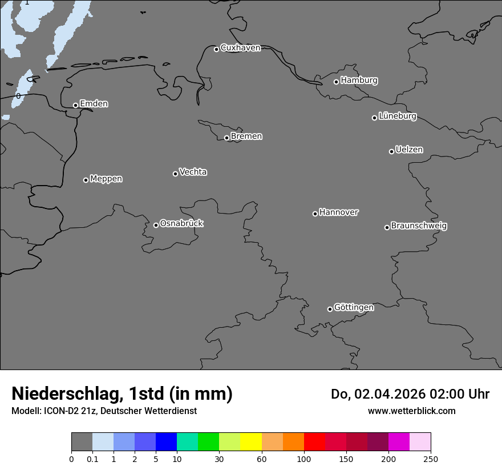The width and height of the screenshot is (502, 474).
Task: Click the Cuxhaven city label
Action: (x=240, y=48)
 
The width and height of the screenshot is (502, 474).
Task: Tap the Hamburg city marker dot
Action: (x=336, y=82)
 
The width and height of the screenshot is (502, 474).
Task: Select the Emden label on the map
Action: (x=94, y=104)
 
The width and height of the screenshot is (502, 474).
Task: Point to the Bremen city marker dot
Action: (x=226, y=138)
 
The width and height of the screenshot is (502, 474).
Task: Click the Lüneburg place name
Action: (x=397, y=117)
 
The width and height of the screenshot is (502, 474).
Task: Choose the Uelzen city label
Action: (x=409, y=150)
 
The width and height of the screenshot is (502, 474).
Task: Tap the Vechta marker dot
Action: (x=175, y=174)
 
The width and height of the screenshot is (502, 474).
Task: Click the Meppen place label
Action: (x=106, y=179)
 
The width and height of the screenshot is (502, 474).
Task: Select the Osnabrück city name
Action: (x=181, y=223)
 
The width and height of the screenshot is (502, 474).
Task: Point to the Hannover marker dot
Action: (x=315, y=214)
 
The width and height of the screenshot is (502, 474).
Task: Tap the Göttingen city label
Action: (x=354, y=307)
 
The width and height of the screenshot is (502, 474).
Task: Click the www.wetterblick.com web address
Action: (x=411, y=411)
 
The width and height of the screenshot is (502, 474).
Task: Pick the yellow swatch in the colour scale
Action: (x=251, y=442)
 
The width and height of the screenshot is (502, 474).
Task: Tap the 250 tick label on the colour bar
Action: (x=431, y=459)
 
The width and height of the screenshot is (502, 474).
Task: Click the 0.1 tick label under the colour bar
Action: (x=92, y=459)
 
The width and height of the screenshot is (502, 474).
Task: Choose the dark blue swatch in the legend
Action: (x=166, y=442)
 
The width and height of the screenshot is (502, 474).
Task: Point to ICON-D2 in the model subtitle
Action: (x=60, y=411)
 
